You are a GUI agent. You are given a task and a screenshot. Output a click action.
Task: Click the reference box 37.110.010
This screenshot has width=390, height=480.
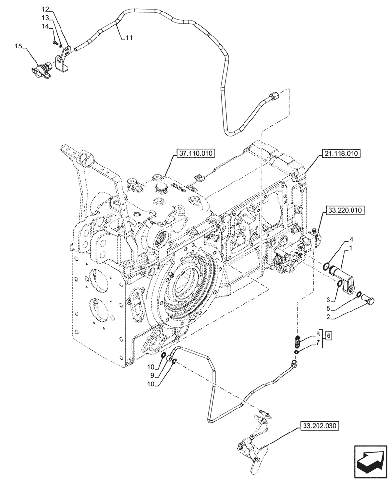tap(196, 154)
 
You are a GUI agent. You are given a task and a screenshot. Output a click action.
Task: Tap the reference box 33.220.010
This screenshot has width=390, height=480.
tap(345, 210)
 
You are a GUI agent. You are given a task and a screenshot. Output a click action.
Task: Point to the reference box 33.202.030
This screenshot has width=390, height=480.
tap(320, 426)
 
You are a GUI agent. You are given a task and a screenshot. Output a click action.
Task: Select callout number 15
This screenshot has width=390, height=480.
tap(18, 47)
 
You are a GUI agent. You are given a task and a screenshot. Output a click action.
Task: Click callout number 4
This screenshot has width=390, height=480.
tap(352, 239)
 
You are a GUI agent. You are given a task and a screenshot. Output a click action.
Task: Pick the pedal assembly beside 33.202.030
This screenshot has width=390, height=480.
tap(252, 444)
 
